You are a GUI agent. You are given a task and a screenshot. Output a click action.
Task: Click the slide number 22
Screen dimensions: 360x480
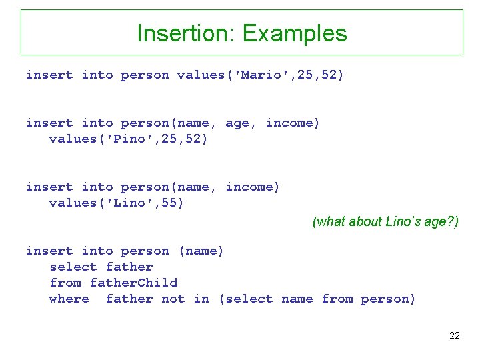(x=454, y=335)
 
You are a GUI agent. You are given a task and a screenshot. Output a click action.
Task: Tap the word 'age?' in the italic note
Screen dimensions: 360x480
(x=439, y=222)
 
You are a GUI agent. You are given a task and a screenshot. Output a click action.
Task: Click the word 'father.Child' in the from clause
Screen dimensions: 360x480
(x=133, y=283)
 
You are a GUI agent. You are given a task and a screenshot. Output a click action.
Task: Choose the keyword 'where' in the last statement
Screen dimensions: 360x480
(x=69, y=299)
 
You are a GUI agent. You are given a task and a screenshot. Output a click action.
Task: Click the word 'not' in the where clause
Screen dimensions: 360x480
(x=173, y=299)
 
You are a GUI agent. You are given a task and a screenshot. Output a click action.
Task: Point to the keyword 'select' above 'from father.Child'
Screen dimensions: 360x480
(x=73, y=267)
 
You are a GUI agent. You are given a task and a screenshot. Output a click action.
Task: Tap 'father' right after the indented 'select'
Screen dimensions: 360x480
(x=129, y=267)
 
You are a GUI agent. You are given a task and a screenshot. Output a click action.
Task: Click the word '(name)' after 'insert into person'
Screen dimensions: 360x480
(x=201, y=251)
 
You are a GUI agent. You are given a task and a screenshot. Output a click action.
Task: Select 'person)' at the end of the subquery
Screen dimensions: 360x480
(x=388, y=299)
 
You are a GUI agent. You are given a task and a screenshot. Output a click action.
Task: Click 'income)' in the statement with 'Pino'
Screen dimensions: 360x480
(x=293, y=123)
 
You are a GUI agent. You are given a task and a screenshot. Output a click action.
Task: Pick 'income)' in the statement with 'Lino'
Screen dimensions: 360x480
(x=253, y=187)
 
